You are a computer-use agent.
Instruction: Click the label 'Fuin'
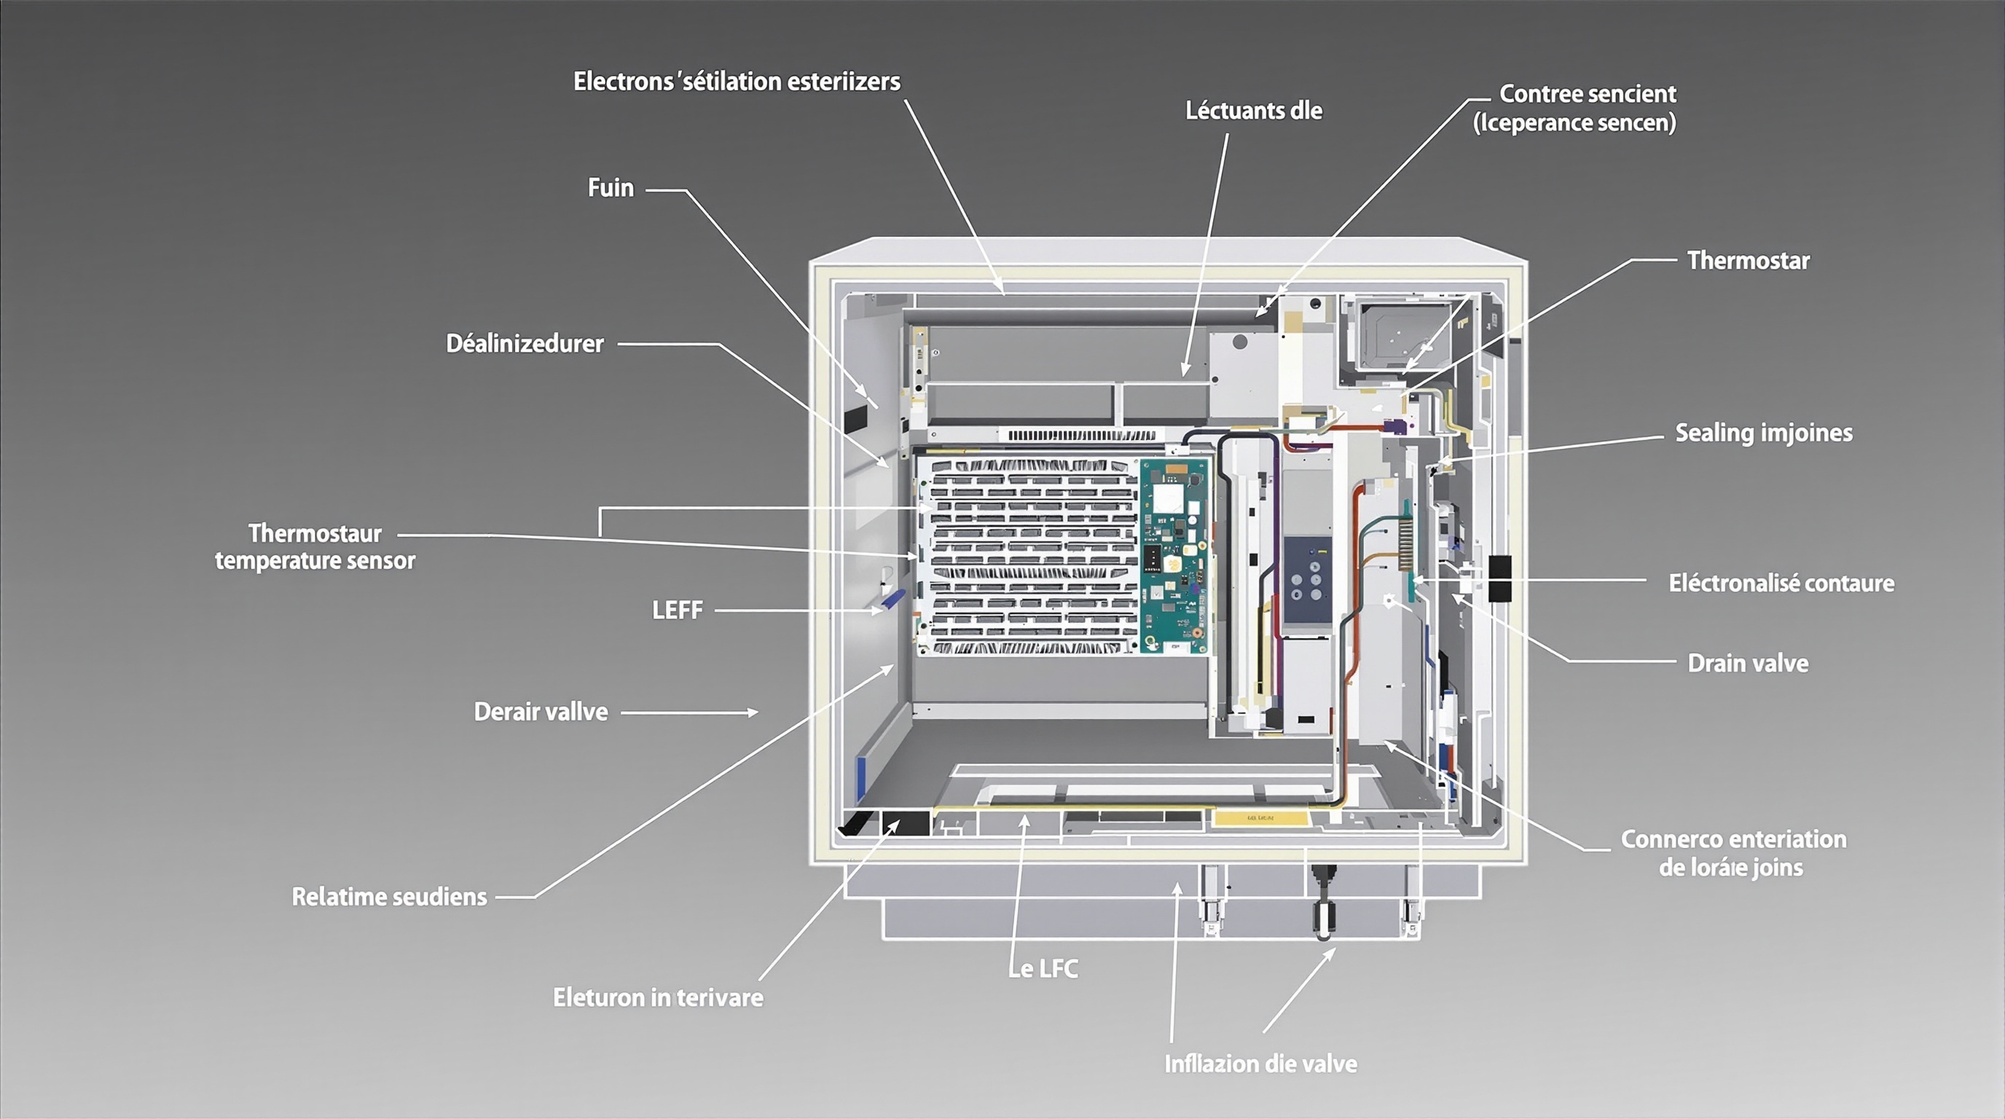611,187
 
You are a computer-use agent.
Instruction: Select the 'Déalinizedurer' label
525,343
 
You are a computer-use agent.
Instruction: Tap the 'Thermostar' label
1748,260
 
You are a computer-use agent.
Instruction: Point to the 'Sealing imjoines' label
1764,433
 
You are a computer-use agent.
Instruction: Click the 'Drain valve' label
1747,663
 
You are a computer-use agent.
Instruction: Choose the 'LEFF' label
677,610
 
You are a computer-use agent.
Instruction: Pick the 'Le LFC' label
1044,969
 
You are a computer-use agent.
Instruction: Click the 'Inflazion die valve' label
1260,1064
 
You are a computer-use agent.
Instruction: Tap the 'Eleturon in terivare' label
658,997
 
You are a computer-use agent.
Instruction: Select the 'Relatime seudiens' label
389,897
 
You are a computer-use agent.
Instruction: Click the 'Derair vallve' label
541,711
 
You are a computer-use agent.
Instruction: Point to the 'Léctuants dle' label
1253,111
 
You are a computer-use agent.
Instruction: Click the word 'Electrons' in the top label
624,82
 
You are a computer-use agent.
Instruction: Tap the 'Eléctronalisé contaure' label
1781,583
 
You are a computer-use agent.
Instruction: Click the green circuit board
1174,556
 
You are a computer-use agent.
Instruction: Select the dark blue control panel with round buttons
1308,580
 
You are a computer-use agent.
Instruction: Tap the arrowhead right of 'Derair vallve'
753,712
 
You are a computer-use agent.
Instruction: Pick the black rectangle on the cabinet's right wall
1499,578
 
